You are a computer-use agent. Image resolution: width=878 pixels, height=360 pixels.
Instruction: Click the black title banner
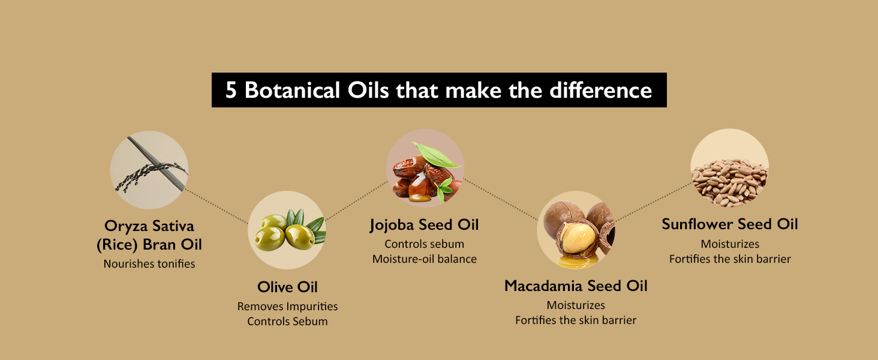[x=439, y=90]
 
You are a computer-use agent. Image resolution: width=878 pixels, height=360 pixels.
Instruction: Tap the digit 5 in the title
[x=231, y=90]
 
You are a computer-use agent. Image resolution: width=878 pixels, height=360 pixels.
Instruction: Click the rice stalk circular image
[x=149, y=170]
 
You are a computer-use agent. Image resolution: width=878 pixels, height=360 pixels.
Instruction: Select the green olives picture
[x=287, y=230]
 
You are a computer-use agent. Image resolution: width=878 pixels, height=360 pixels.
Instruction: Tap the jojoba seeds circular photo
[x=425, y=168]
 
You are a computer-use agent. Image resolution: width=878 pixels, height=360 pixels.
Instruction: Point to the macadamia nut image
[x=576, y=230]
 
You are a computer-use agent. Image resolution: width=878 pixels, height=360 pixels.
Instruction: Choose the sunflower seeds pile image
[x=729, y=168]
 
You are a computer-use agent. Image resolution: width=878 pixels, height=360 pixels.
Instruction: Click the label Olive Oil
[x=287, y=287]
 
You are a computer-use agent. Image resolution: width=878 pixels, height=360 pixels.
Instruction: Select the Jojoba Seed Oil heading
[x=425, y=225]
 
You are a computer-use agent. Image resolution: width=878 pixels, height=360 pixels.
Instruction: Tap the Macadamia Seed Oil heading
[x=576, y=286]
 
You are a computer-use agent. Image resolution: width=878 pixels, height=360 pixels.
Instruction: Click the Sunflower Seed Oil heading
[x=730, y=224]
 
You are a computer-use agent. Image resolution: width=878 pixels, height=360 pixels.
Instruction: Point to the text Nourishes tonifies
[x=149, y=263]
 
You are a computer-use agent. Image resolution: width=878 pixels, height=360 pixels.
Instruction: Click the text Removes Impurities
[x=287, y=306]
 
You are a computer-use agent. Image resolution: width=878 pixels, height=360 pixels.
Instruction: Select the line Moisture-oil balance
[x=425, y=259]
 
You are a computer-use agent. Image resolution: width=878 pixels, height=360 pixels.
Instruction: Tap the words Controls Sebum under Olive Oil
[x=287, y=321]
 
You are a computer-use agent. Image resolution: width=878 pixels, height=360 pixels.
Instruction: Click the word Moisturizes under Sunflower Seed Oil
[x=730, y=244]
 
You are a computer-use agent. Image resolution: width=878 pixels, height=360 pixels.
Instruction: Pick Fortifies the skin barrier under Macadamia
[x=576, y=320]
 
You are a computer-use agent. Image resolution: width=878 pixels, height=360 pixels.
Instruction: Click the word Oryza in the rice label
[x=126, y=226]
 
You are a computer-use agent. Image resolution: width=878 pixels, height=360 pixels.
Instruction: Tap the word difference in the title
[x=600, y=90]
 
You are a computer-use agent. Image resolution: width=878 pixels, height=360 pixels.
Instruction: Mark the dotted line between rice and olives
[x=217, y=206]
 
